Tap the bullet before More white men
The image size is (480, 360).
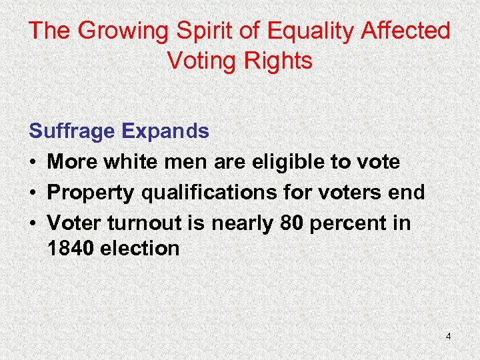[33, 162]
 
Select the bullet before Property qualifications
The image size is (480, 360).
[33, 193]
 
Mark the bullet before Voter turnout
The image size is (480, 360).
[33, 223]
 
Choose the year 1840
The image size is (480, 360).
[70, 249]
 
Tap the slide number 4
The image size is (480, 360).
[448, 337]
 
